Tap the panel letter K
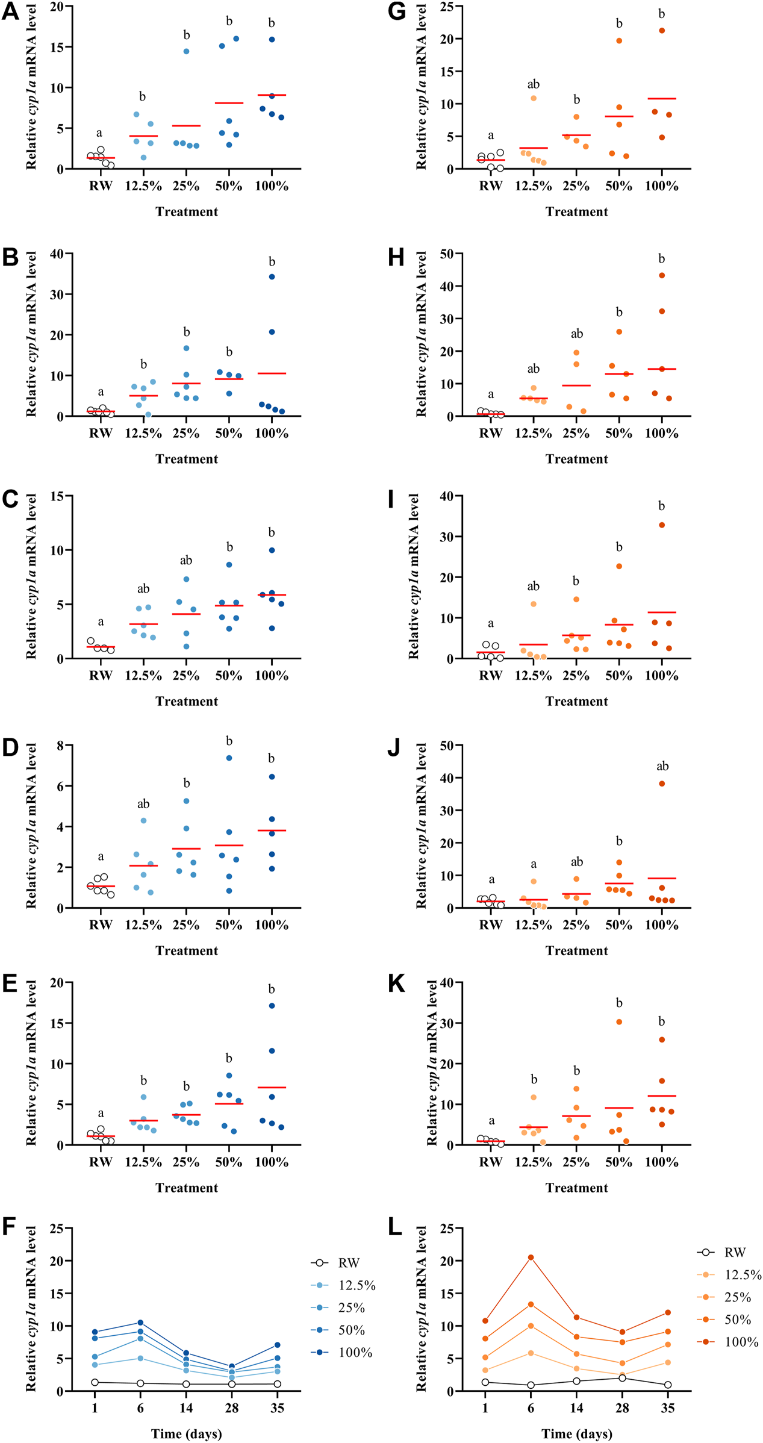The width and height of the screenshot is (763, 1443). (x=397, y=983)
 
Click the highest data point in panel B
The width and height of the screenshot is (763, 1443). (x=272, y=277)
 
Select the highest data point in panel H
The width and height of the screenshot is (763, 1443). (x=662, y=275)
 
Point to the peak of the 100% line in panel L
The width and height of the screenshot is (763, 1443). (x=531, y=1257)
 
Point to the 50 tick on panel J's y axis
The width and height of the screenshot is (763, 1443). (x=447, y=746)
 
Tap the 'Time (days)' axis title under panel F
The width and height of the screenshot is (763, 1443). (x=187, y=1433)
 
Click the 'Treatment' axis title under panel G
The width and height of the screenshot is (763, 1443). (x=576, y=211)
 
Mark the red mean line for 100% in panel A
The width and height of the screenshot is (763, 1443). (x=272, y=95)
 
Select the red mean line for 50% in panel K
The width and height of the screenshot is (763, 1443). (x=619, y=1108)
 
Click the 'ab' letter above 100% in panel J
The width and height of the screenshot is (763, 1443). (x=662, y=766)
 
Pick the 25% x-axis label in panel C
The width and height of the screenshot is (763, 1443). (x=186, y=676)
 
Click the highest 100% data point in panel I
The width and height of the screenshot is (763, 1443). (x=662, y=525)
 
